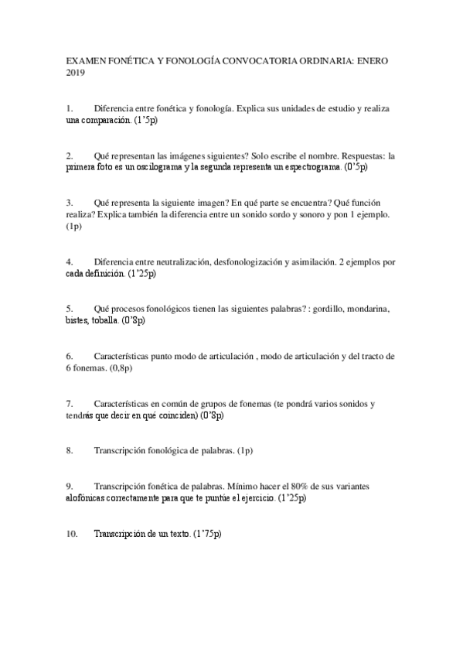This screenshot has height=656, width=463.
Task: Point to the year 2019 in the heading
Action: point(76,73)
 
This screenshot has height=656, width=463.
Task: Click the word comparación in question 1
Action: point(106,121)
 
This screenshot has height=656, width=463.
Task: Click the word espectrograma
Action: point(308,166)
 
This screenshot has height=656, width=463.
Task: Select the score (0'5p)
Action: point(356,166)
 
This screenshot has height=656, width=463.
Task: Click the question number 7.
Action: point(70,404)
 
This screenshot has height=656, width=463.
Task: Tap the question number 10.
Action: point(72,534)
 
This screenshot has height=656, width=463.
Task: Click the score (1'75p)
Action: point(207,534)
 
